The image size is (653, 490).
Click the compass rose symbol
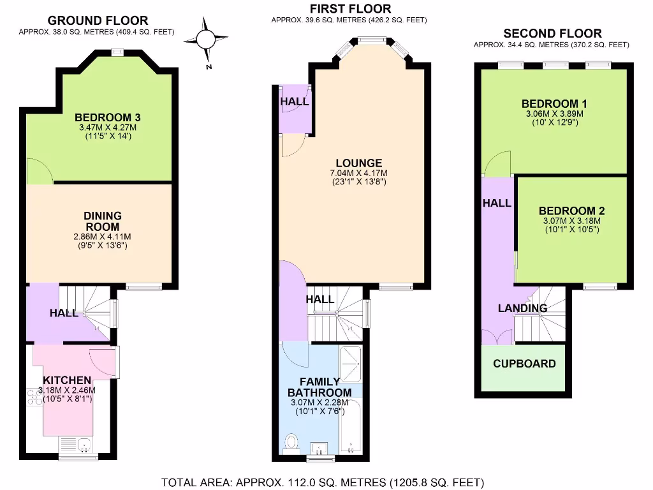tap(206, 41)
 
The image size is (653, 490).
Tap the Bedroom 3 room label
tap(107, 117)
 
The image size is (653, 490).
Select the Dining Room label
tap(103, 221)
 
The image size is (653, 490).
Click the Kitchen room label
tap(67, 380)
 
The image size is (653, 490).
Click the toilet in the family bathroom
tap(292, 443)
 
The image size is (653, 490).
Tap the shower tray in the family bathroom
tap(351, 364)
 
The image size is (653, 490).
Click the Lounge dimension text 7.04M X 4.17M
tap(359, 173)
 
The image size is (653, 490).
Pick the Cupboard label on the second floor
tap(524, 364)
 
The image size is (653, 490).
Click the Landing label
tap(523, 308)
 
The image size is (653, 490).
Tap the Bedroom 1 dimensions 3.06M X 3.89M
tap(555, 114)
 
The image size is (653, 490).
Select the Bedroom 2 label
tap(572, 211)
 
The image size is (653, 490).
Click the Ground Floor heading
tap(98, 20)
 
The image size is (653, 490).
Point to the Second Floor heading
tap(553, 33)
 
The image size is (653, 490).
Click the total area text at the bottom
tap(323, 482)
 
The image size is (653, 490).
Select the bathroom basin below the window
tap(319, 449)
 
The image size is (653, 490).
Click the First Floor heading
tap(350, 9)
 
